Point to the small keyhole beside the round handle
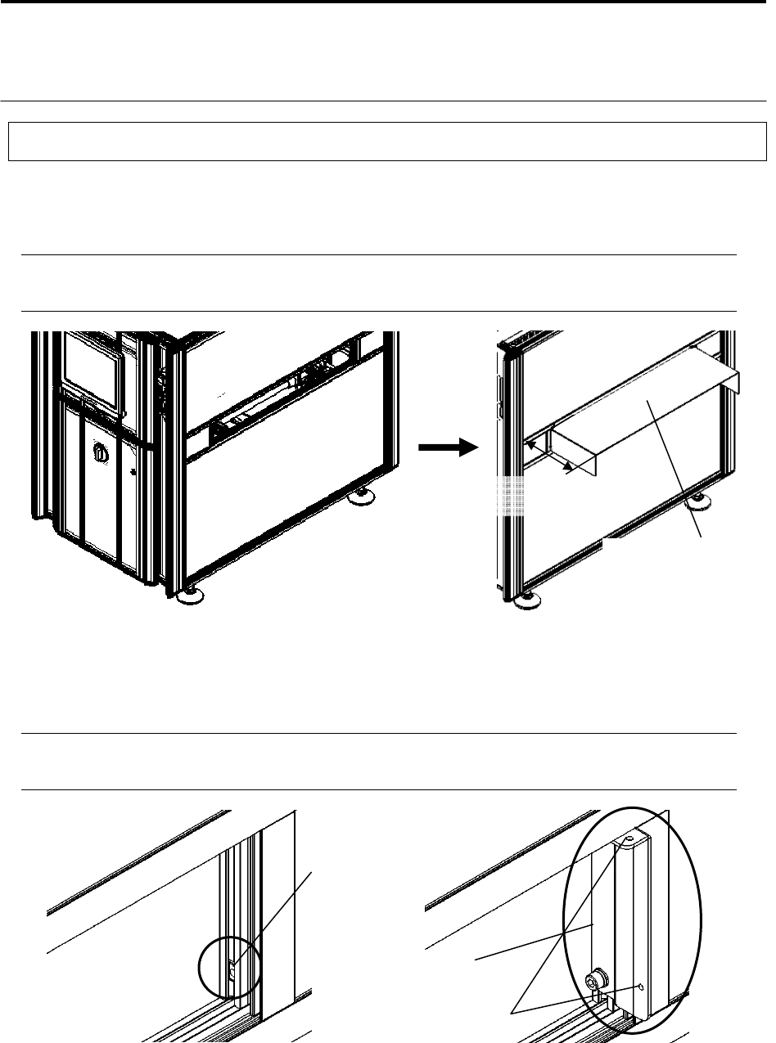(131, 472)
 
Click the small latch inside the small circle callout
(232, 972)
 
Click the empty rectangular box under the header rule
(387, 141)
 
